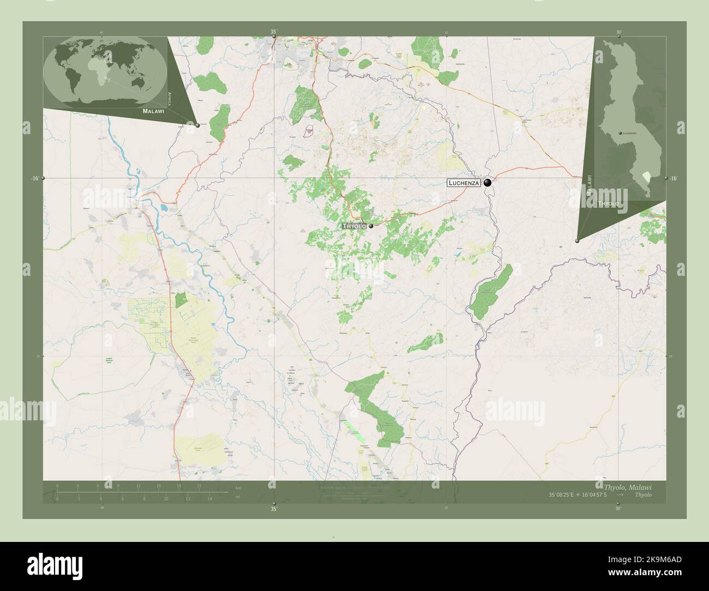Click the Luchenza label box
(x=464, y=183)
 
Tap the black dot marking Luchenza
(x=488, y=183)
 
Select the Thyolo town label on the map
(x=353, y=226)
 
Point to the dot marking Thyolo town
(x=371, y=226)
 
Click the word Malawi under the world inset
(x=153, y=111)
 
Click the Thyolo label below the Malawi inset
(x=608, y=203)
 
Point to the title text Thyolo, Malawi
(x=627, y=487)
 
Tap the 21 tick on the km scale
(x=200, y=486)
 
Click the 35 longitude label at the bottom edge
(x=274, y=509)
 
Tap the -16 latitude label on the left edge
(x=35, y=179)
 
